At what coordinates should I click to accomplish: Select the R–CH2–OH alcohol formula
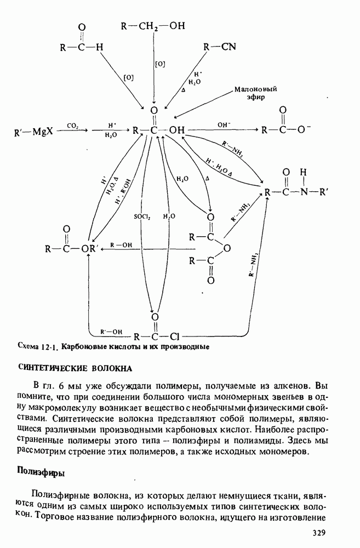pyautogui.click(x=153, y=25)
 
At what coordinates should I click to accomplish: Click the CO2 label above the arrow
pyautogui.click(x=73, y=125)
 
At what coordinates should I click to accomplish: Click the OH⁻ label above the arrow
pyautogui.click(x=224, y=125)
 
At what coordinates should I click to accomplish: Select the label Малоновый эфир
pyautogui.click(x=255, y=93)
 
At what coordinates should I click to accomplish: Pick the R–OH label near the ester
pyautogui.click(x=122, y=245)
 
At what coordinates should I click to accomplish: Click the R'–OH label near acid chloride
pyautogui.click(x=112, y=331)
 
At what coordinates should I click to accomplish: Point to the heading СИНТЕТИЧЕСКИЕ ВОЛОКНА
pyautogui.click(x=75, y=367)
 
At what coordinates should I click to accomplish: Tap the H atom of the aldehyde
pyautogui.click(x=99, y=47)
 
